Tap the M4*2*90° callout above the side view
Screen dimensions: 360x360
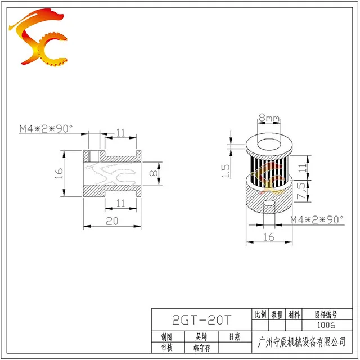tap(47, 129)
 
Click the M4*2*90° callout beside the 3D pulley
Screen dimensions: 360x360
tap(317, 220)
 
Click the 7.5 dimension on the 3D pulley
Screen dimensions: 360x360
tap(302, 192)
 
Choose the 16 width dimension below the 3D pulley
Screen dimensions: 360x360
tap(269, 237)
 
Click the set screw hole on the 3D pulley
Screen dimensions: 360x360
tap(270, 202)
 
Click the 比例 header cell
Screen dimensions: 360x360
tap(261, 314)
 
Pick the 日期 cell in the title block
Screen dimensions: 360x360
tap(234, 337)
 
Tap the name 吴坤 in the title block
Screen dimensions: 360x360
tap(200, 337)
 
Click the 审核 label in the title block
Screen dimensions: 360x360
tap(166, 348)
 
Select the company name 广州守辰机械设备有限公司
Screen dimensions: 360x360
tap(300, 342)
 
